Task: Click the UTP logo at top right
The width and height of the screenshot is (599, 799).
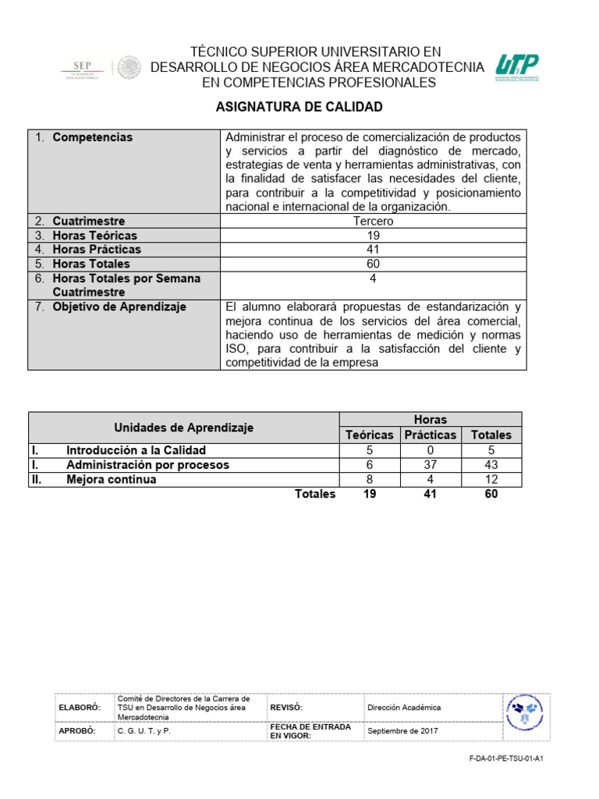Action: [516, 68]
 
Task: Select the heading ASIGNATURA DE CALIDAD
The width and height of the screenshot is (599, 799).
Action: [299, 107]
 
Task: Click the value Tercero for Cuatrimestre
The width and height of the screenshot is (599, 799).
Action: [373, 221]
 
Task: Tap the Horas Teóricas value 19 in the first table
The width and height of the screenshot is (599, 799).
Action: [373, 235]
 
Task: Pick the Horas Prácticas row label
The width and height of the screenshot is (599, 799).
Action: [97, 250]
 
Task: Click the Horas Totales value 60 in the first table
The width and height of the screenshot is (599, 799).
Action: [373, 264]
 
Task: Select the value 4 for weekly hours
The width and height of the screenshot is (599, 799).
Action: [373, 279]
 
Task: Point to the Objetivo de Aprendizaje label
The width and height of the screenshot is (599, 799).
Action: [119, 307]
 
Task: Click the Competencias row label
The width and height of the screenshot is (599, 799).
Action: [92, 137]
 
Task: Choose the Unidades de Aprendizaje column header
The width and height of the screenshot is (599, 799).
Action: [184, 428]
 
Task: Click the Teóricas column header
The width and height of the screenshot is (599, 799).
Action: [370, 435]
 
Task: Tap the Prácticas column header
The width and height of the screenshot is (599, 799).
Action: [430, 435]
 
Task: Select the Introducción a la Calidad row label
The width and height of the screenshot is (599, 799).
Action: [136, 450]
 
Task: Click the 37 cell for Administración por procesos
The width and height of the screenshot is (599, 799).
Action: [430, 464]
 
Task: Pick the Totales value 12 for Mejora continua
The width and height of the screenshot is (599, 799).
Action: [491, 479]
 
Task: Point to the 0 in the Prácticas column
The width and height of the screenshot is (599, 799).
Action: [430, 450]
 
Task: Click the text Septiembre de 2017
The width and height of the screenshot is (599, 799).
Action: [402, 731]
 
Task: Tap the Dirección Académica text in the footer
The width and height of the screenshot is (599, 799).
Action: [403, 708]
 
